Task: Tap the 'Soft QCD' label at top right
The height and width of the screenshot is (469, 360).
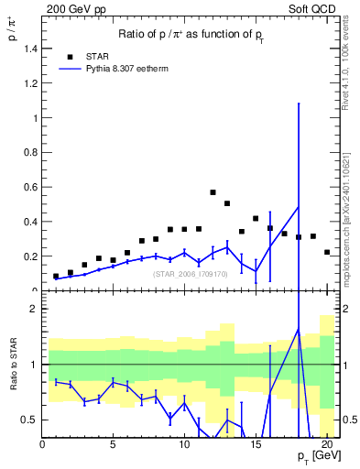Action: point(311,8)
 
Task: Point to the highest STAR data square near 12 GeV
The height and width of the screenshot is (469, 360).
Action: point(213,192)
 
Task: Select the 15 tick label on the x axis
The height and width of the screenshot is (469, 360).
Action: point(255,444)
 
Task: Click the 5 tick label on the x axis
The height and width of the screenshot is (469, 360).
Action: point(113,444)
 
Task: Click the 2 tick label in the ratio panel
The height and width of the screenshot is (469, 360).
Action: point(32,310)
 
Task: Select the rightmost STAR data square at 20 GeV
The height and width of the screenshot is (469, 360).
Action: point(327,252)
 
